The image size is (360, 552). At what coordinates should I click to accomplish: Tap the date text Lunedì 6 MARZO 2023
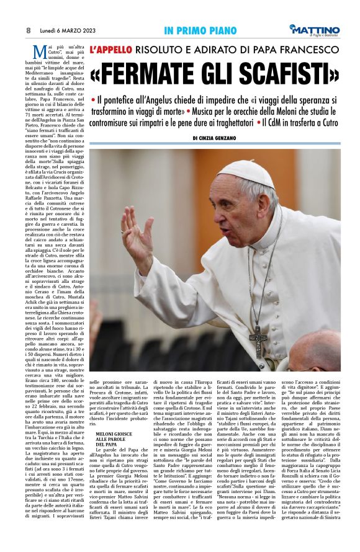(65, 30)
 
